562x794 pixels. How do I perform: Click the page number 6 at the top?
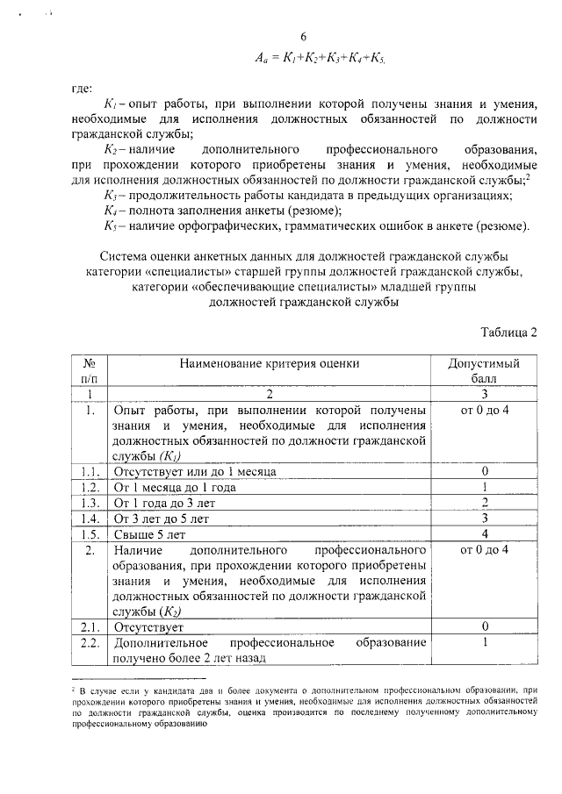(x=303, y=37)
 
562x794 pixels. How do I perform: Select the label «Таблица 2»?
(x=508, y=332)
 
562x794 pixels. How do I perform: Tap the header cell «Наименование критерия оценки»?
(x=270, y=363)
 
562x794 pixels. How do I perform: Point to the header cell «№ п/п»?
(x=89, y=370)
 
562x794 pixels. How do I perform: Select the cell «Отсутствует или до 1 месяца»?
(x=195, y=472)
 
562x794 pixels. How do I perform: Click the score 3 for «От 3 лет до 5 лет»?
(x=484, y=519)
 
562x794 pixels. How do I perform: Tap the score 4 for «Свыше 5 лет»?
(x=484, y=535)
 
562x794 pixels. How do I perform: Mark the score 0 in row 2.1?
(x=484, y=628)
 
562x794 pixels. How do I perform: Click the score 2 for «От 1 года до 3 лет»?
(x=484, y=504)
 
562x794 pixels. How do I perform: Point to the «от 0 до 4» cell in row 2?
(x=484, y=551)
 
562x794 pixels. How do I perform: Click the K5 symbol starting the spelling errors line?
(x=110, y=228)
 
